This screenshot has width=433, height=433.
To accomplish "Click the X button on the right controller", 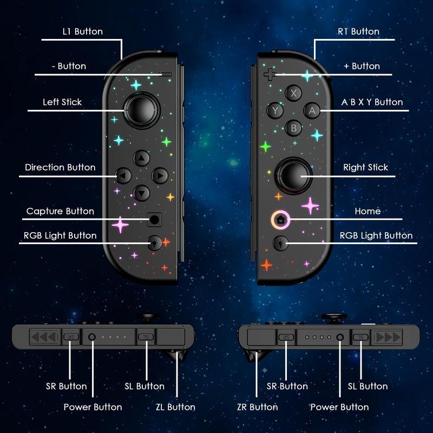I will pyautogui.click(x=294, y=93).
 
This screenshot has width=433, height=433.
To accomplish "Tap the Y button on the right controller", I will pyautogui.click(x=275, y=110).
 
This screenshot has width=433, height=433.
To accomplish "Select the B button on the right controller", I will pyautogui.click(x=294, y=128).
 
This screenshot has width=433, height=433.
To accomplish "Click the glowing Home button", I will pyautogui.click(x=280, y=220).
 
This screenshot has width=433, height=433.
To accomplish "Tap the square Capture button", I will pyautogui.click(x=155, y=219).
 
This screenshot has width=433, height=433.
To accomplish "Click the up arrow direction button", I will pyautogui.click(x=141, y=158).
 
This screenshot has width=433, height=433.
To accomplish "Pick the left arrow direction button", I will pyautogui.click(x=123, y=175).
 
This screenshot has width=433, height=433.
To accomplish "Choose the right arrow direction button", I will pyautogui.click(x=160, y=175).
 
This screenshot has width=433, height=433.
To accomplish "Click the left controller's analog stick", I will pyautogui.click(x=141, y=109).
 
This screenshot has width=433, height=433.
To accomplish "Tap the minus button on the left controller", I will pyautogui.click(x=166, y=74).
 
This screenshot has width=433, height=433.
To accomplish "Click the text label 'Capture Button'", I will pyautogui.click(x=60, y=211).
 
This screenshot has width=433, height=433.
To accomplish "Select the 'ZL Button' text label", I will pyautogui.click(x=174, y=407).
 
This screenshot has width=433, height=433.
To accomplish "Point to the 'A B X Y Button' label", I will pyautogui.click(x=372, y=102).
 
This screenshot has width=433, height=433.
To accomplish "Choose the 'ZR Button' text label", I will pyautogui.click(x=257, y=407).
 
